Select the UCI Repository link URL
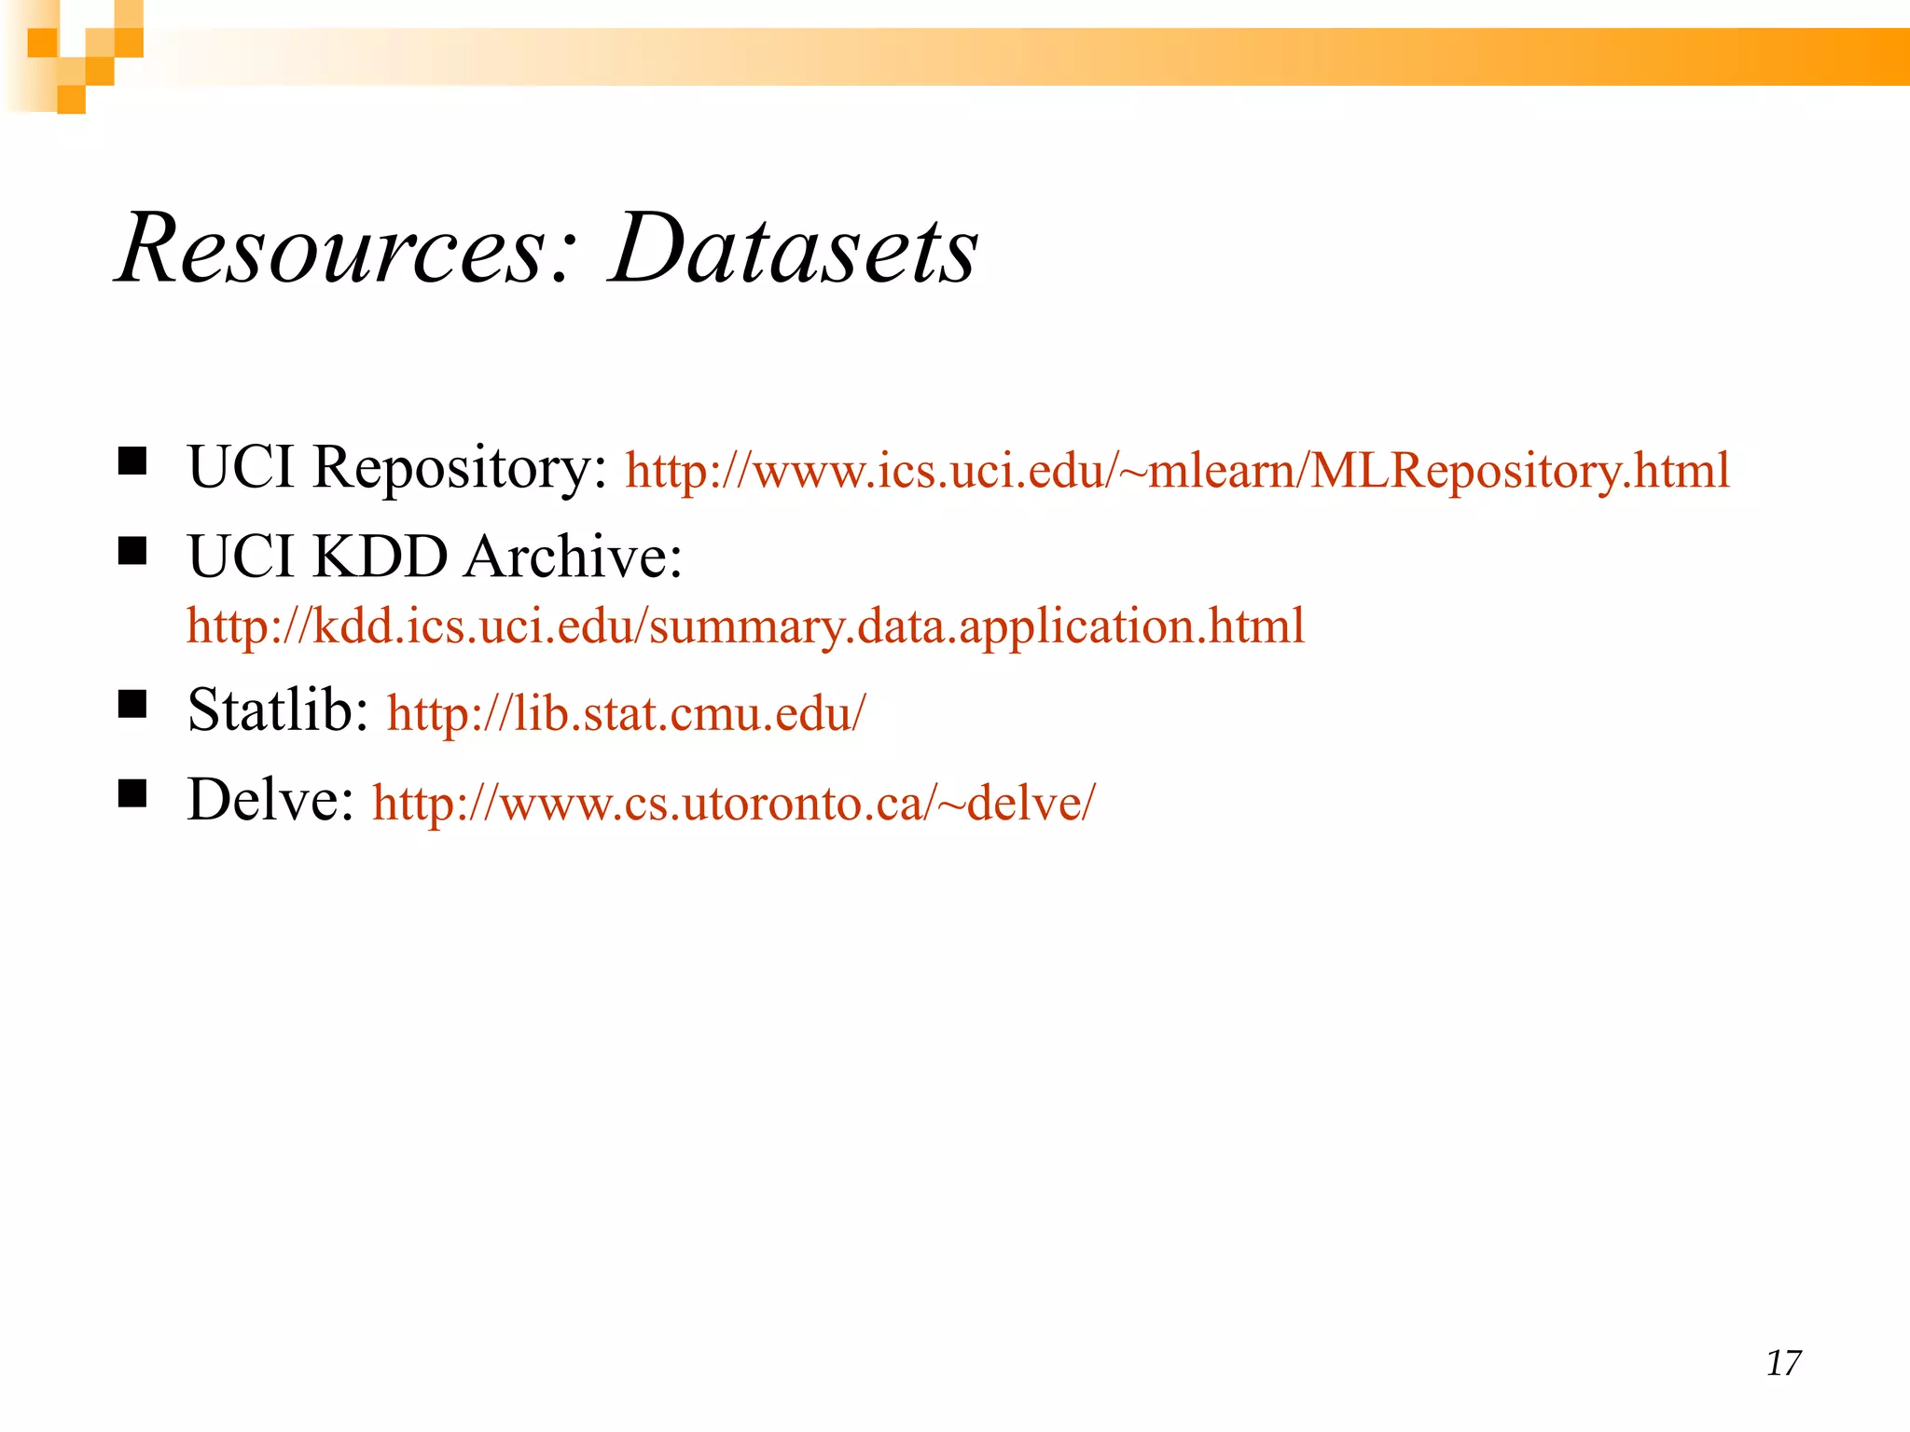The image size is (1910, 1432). (x=1177, y=470)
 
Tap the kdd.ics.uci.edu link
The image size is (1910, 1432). (x=745, y=626)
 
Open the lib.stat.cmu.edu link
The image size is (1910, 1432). (x=627, y=713)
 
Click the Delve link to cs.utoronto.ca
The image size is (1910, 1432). (x=734, y=803)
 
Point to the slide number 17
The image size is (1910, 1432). (x=1783, y=1363)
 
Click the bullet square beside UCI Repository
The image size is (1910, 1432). (x=132, y=461)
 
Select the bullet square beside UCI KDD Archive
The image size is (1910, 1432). (x=132, y=550)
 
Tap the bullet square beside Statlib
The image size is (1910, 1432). (x=132, y=704)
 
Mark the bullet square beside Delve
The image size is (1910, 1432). (x=132, y=793)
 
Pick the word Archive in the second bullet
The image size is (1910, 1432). (x=573, y=558)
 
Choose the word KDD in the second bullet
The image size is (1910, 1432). (x=380, y=558)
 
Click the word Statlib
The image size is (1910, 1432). (x=278, y=710)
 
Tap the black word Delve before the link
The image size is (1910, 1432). (x=270, y=800)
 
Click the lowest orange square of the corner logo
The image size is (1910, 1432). (x=72, y=100)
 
